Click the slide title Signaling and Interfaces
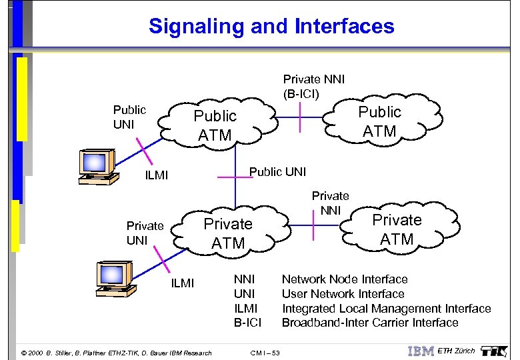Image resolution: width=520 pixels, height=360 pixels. click(271, 27)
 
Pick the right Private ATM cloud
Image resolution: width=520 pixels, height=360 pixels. click(397, 229)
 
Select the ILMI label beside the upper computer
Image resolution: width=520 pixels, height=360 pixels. click(157, 176)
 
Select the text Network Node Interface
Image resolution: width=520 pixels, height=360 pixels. click(345, 279)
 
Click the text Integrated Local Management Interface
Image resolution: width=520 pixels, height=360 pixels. click(386, 309)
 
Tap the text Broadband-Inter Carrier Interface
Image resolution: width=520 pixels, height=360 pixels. click(370, 323)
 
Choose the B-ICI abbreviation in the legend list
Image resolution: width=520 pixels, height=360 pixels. click(247, 323)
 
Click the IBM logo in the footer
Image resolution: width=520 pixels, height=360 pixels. click(421, 351)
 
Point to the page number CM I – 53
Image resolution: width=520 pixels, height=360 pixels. click(265, 353)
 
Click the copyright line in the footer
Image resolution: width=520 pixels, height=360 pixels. click(117, 353)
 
